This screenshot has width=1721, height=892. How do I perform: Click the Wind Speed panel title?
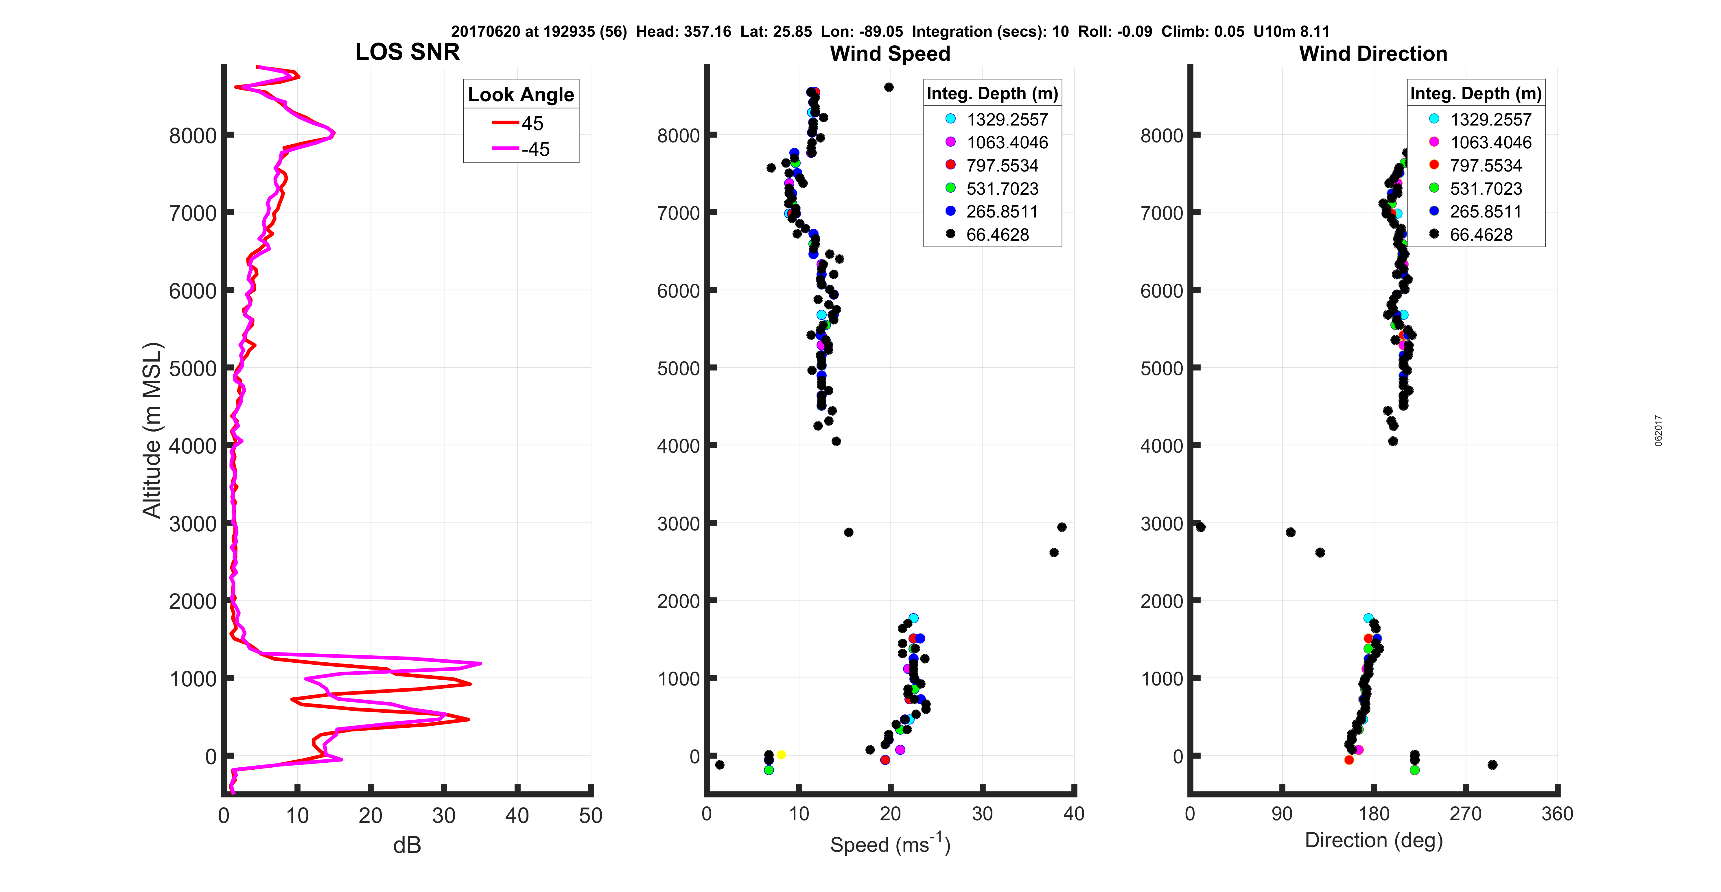(890, 54)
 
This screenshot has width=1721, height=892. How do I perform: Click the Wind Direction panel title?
(1373, 54)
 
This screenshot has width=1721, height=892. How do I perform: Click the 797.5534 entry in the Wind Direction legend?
(1485, 165)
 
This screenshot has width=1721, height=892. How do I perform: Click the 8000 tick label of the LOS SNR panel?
(192, 136)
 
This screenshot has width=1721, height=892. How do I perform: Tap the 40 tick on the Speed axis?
(1074, 814)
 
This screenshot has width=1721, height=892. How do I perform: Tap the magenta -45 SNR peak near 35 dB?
(480, 664)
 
